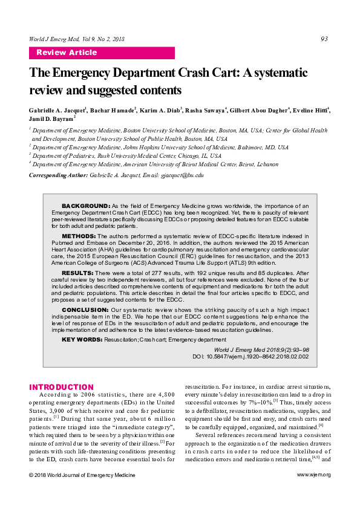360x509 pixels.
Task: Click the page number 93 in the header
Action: point(324,39)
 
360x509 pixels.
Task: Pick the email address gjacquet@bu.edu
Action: point(180,175)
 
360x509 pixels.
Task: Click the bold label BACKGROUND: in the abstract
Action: point(85,206)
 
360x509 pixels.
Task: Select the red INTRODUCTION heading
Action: point(62,387)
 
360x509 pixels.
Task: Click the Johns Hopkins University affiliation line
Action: point(152,147)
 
